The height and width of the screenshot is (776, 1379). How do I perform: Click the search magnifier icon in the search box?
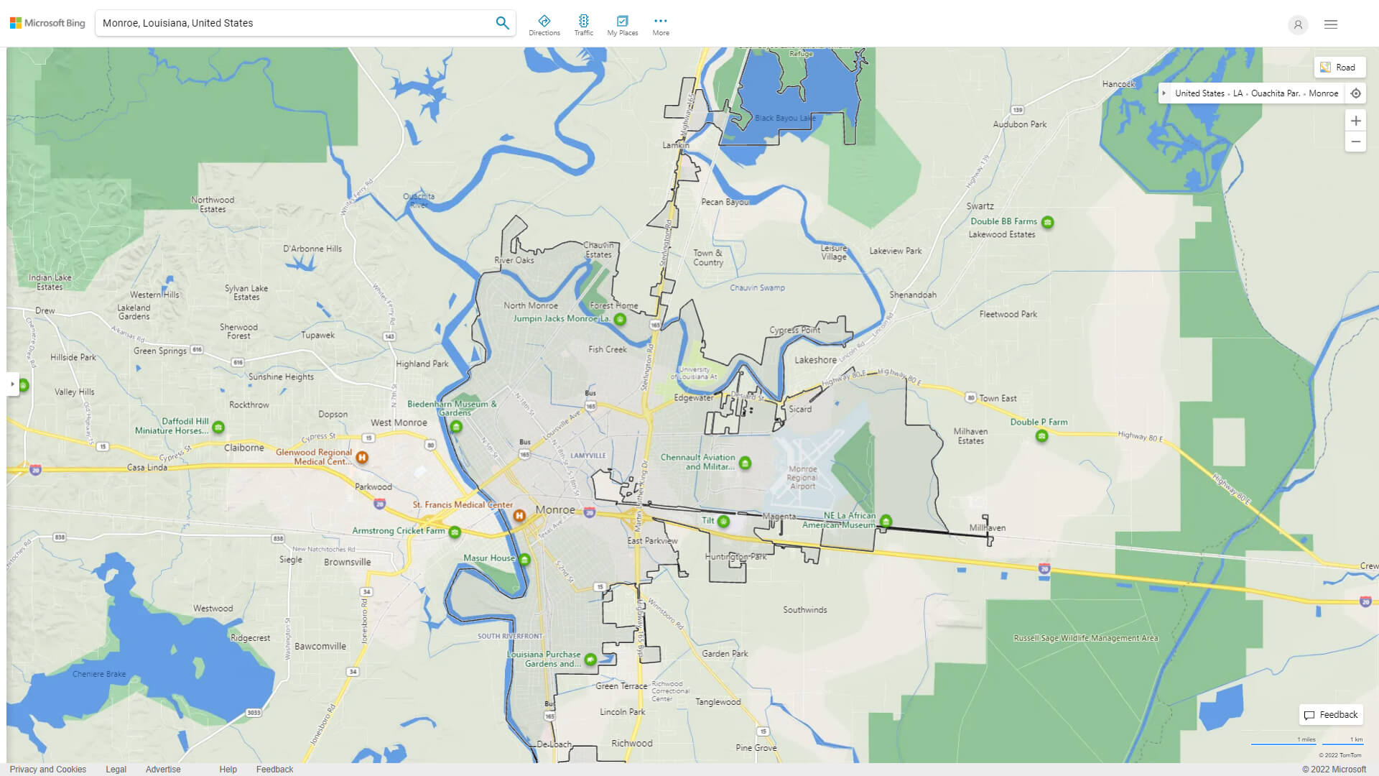(x=502, y=23)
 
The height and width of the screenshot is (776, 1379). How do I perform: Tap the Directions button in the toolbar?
(x=544, y=24)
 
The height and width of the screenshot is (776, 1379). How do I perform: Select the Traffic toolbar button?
(x=583, y=24)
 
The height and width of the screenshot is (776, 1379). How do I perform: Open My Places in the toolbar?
(x=622, y=24)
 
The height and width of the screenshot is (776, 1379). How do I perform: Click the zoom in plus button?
(x=1355, y=121)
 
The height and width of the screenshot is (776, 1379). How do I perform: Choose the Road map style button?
(x=1339, y=68)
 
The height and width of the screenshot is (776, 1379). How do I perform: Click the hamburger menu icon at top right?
(x=1331, y=24)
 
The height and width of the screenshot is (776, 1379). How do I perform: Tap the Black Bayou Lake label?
(x=785, y=118)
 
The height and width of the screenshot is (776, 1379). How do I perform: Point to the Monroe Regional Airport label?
(x=802, y=478)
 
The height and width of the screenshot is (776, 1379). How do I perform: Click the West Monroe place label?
(x=399, y=422)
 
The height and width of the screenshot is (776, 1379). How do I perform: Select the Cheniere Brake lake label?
(x=99, y=674)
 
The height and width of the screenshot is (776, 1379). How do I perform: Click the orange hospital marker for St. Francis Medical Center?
(x=519, y=515)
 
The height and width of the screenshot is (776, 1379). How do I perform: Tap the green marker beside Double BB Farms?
(x=1048, y=222)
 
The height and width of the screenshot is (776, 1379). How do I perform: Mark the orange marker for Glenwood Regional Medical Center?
(x=362, y=457)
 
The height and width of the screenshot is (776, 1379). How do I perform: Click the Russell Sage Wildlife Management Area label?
(x=1085, y=638)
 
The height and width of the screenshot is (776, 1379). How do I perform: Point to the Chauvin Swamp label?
(x=757, y=287)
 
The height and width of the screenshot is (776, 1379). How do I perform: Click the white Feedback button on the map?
(x=1331, y=715)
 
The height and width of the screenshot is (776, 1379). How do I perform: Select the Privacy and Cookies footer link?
(x=48, y=770)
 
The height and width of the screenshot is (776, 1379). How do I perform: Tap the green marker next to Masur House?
(x=524, y=559)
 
